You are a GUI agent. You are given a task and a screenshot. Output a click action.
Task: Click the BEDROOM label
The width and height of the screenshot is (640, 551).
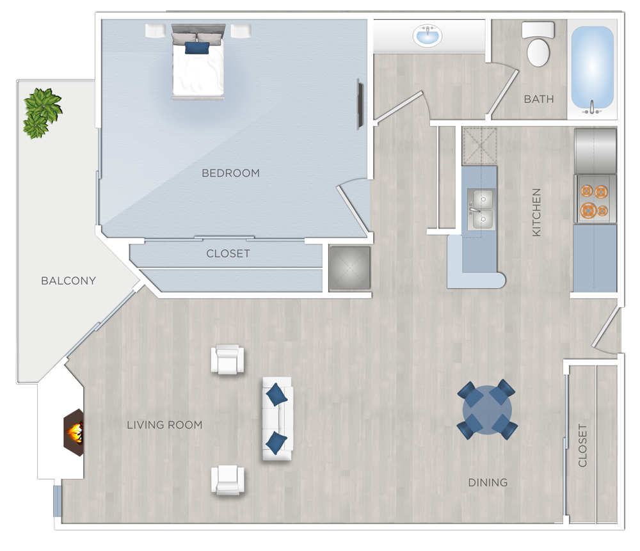[x=230, y=173]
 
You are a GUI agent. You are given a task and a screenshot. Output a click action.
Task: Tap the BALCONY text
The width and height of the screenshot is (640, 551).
[x=68, y=280]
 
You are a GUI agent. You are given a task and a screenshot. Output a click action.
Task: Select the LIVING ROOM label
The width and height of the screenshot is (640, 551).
[x=164, y=424]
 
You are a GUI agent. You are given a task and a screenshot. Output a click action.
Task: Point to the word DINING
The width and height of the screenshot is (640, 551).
[x=488, y=482]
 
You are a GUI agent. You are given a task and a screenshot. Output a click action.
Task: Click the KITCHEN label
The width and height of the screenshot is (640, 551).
[x=536, y=212]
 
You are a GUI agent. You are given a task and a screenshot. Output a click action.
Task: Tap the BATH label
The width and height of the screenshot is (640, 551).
[x=539, y=99]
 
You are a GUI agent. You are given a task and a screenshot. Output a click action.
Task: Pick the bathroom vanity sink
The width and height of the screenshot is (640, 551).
[x=428, y=36]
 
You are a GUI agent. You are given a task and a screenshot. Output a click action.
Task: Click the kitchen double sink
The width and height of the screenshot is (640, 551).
[x=480, y=209]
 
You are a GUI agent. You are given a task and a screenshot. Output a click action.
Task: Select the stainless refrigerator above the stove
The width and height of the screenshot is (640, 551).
[x=595, y=150]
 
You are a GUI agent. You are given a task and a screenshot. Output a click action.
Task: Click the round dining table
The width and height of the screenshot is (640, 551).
[x=488, y=410]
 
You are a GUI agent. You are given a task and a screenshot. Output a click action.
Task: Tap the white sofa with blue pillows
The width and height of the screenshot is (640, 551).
[x=276, y=419]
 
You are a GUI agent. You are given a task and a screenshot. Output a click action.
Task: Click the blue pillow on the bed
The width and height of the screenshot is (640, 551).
[x=197, y=47]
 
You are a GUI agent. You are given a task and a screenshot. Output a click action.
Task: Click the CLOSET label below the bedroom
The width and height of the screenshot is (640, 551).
[x=228, y=253]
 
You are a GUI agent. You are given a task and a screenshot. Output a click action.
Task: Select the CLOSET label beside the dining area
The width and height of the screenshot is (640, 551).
[x=582, y=445]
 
